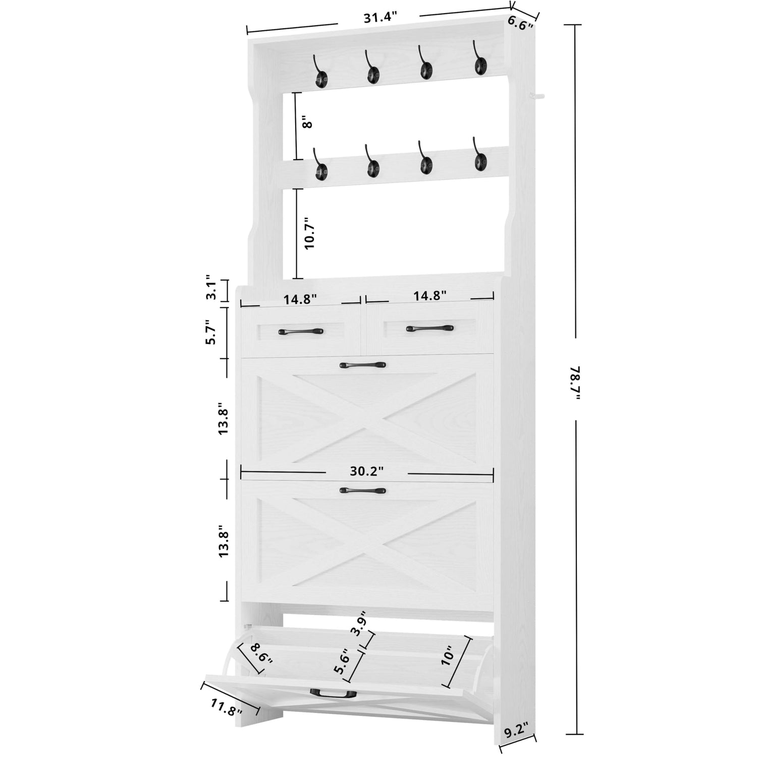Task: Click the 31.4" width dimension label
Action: [377, 17]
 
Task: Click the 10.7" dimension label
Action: [309, 233]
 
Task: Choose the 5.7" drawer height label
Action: [211, 333]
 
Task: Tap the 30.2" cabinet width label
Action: [367, 471]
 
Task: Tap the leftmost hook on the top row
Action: [320, 72]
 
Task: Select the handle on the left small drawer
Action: [301, 332]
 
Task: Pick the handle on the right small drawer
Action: [430, 329]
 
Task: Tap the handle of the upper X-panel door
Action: [363, 365]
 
